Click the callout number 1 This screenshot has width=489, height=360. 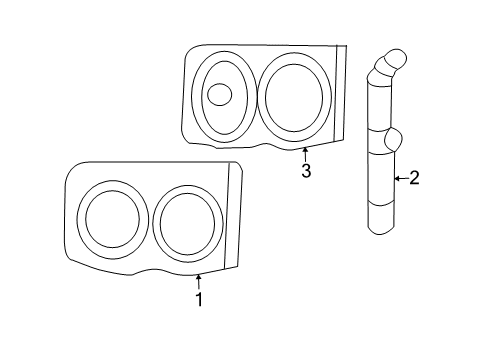coord(199,299)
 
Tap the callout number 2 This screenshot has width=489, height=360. coord(414,179)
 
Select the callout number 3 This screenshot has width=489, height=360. coord(306,171)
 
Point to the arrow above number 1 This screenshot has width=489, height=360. coord(199,282)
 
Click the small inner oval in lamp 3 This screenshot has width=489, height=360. coord(218,95)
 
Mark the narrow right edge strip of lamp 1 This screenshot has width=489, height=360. coord(235,215)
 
